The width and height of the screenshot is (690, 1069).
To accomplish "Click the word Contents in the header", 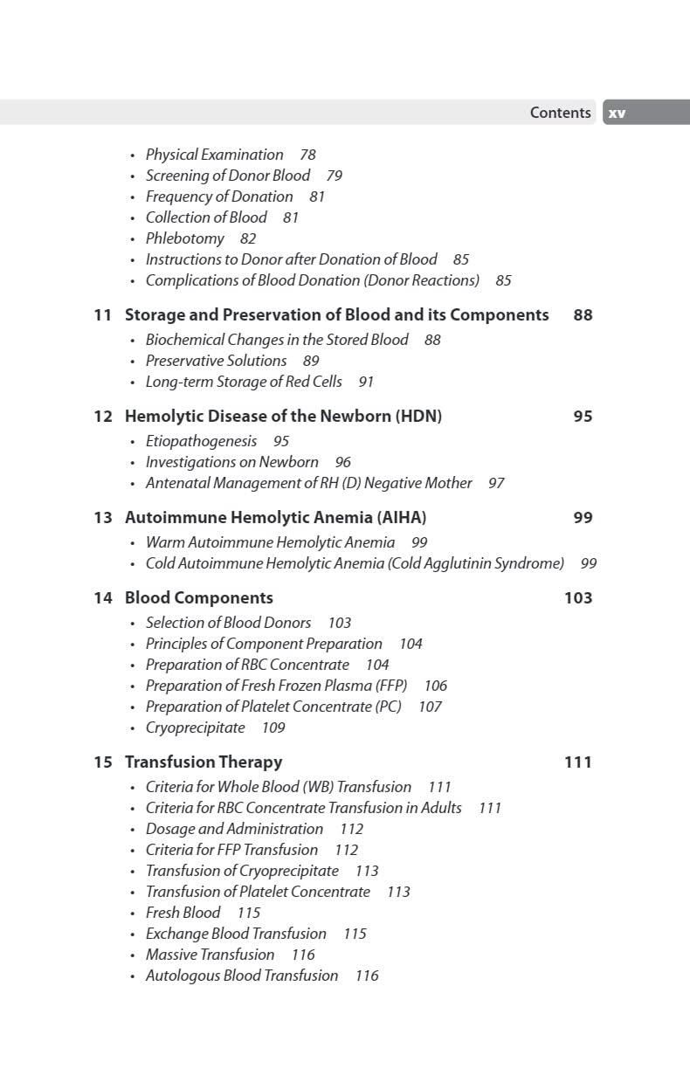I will click(560, 113).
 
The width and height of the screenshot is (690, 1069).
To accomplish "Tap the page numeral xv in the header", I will click(617, 113).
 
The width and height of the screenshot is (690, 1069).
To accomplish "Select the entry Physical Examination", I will click(214, 155).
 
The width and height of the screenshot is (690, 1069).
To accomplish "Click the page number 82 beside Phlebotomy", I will click(248, 238).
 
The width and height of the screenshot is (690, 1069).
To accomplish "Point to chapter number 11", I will click(103, 315).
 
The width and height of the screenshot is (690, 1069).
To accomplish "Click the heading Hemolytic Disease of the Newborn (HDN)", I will click(283, 417).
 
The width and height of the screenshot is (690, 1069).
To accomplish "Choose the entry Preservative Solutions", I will click(216, 361).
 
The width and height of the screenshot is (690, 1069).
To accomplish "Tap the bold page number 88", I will click(583, 315).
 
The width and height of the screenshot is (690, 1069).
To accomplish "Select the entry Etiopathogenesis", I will click(201, 441).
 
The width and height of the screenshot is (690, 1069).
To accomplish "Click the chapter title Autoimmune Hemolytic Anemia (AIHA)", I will click(275, 518).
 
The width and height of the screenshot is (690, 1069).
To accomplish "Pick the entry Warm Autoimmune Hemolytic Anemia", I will click(270, 542).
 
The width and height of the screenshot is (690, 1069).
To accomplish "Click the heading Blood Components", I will click(199, 598).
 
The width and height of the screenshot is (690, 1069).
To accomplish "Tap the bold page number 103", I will click(578, 598).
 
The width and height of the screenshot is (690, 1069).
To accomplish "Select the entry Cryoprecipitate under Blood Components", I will click(195, 728).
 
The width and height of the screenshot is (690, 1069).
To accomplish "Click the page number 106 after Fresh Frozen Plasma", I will click(435, 686).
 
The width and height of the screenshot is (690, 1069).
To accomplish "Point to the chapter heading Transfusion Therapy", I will click(204, 762).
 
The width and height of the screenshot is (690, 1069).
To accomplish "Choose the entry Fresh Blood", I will click(183, 913).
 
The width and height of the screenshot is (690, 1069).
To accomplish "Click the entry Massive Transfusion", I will click(210, 955).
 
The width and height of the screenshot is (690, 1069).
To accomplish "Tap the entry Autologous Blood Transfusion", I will click(242, 976).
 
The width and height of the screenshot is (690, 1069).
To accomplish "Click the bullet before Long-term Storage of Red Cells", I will click(133, 383).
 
